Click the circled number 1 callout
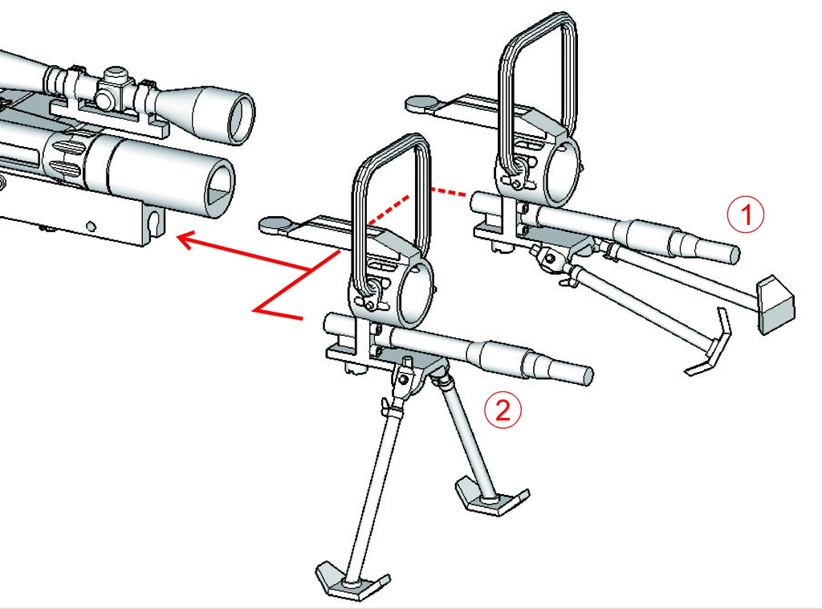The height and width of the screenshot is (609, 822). click(x=746, y=214)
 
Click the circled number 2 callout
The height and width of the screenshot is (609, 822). click(x=503, y=410)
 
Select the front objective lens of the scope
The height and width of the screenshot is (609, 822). click(x=241, y=120)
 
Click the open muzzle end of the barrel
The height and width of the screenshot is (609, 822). click(x=219, y=188)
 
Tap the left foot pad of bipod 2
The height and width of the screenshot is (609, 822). click(x=352, y=580)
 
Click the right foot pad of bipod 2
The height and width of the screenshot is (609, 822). click(x=490, y=496)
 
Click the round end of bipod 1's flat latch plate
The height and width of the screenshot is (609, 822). click(x=420, y=103)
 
